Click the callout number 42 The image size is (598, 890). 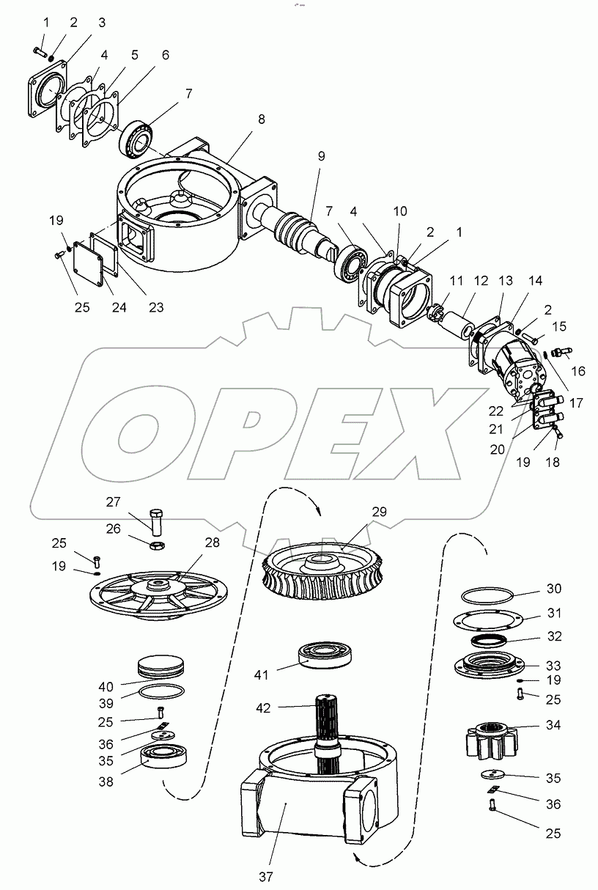click(263, 708)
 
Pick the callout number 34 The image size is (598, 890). click(553, 726)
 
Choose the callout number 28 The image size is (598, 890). click(212, 543)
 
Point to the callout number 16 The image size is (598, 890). click(578, 371)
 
